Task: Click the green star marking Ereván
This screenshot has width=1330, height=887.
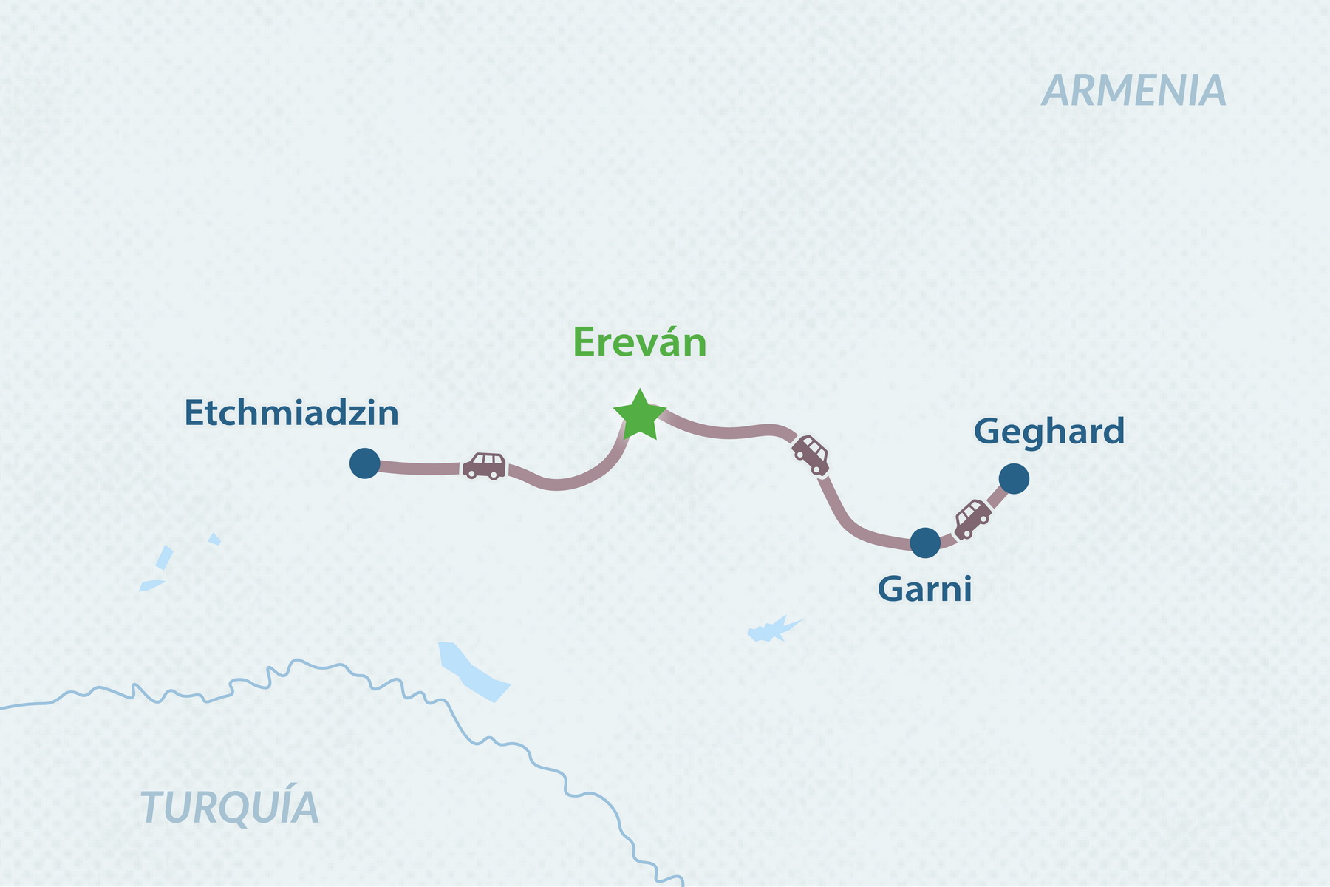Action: point(640,416)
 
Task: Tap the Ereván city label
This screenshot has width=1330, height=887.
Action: point(640,343)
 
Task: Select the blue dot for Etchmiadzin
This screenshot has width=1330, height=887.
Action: point(364,463)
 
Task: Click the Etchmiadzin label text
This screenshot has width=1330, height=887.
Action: point(291,413)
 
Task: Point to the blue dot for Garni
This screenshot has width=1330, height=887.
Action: point(925,543)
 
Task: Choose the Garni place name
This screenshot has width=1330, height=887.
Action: point(924,590)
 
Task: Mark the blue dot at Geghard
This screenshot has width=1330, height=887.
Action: point(1014,479)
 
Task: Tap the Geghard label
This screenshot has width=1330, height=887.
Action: point(1049,432)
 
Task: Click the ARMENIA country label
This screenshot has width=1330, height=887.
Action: point(1133,91)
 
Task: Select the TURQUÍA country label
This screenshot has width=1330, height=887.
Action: point(230,807)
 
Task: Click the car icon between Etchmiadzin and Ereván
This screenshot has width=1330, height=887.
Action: point(485,466)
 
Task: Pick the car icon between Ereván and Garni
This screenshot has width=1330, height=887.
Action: point(811,455)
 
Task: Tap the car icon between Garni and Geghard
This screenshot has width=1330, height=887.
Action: point(972,518)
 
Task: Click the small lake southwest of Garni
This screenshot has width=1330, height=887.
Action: point(772,631)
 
